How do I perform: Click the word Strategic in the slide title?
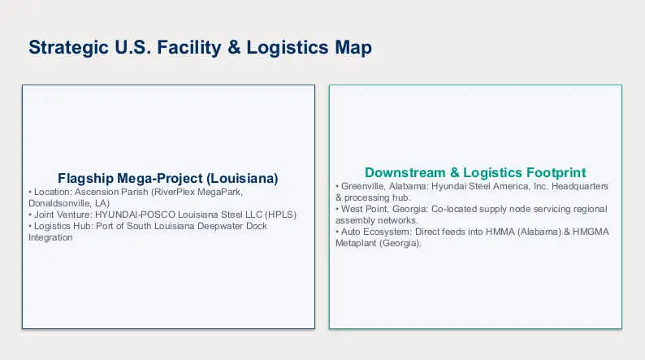[x=69, y=48]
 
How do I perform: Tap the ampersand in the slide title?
[x=234, y=47]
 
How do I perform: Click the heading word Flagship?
[x=85, y=179]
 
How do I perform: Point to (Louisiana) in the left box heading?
[x=242, y=179]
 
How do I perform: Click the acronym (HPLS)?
[x=280, y=215]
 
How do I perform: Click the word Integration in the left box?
[x=50, y=238]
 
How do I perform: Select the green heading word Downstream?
[x=405, y=172]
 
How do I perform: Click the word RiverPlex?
[x=175, y=192]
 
